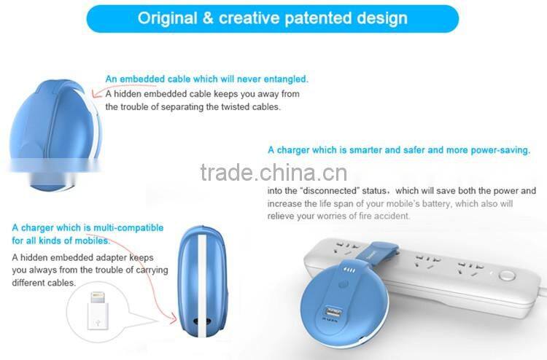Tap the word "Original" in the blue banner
(168, 18)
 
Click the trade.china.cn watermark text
(273, 173)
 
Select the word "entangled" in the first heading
(283, 79)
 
